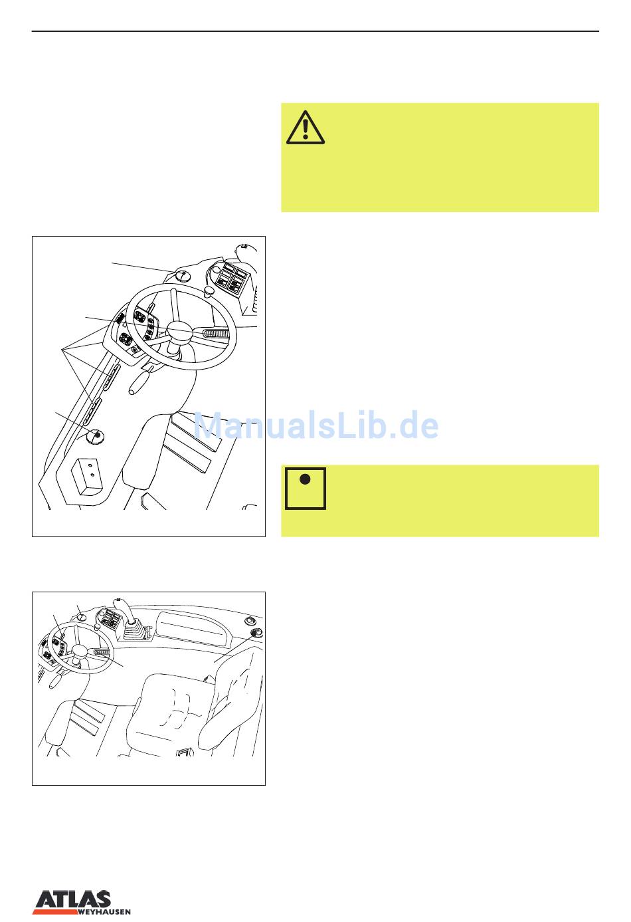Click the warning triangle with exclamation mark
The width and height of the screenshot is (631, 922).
click(306, 128)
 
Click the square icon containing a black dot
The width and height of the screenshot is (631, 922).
click(306, 488)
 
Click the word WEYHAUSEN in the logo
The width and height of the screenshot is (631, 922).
click(104, 912)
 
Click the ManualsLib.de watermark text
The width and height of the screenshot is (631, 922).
click(316, 425)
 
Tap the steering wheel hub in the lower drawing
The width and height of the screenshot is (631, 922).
click(80, 651)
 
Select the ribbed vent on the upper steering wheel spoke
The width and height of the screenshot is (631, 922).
click(216, 333)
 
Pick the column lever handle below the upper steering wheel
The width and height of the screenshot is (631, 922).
click(139, 382)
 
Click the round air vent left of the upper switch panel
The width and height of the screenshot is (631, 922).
click(182, 275)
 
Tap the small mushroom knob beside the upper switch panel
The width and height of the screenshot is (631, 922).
click(209, 292)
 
